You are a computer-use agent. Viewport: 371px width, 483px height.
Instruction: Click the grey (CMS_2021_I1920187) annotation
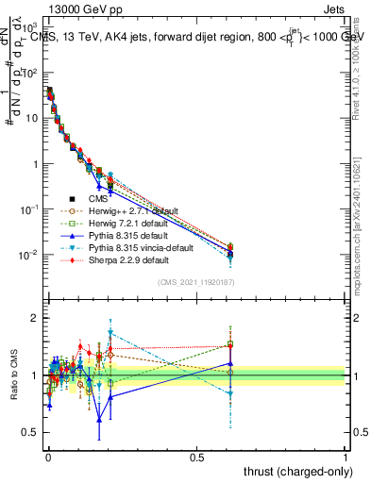(196, 283)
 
